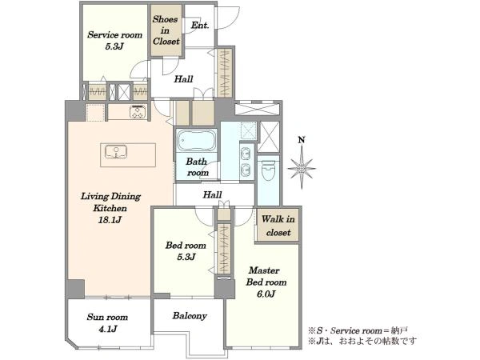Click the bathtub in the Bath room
coord(197,141)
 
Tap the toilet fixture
coord(269,170)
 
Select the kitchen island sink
coord(116,152)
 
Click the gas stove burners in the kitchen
coord(138,112)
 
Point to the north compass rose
coord(302,168)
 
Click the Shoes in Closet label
coord(166,30)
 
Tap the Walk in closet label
coord(278,226)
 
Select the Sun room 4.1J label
coord(107,323)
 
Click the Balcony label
coord(190,316)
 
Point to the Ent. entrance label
coord(200,25)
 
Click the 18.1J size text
coord(110,220)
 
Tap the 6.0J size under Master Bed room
coord(266,294)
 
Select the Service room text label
coord(114,35)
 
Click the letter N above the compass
coord(302,140)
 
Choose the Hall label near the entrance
coord(183,79)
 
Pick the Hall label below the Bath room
coord(213,194)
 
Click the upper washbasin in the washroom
coord(246,154)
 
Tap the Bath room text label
coord(197,167)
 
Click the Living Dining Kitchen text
coord(110,202)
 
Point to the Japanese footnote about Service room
coord(358,330)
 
